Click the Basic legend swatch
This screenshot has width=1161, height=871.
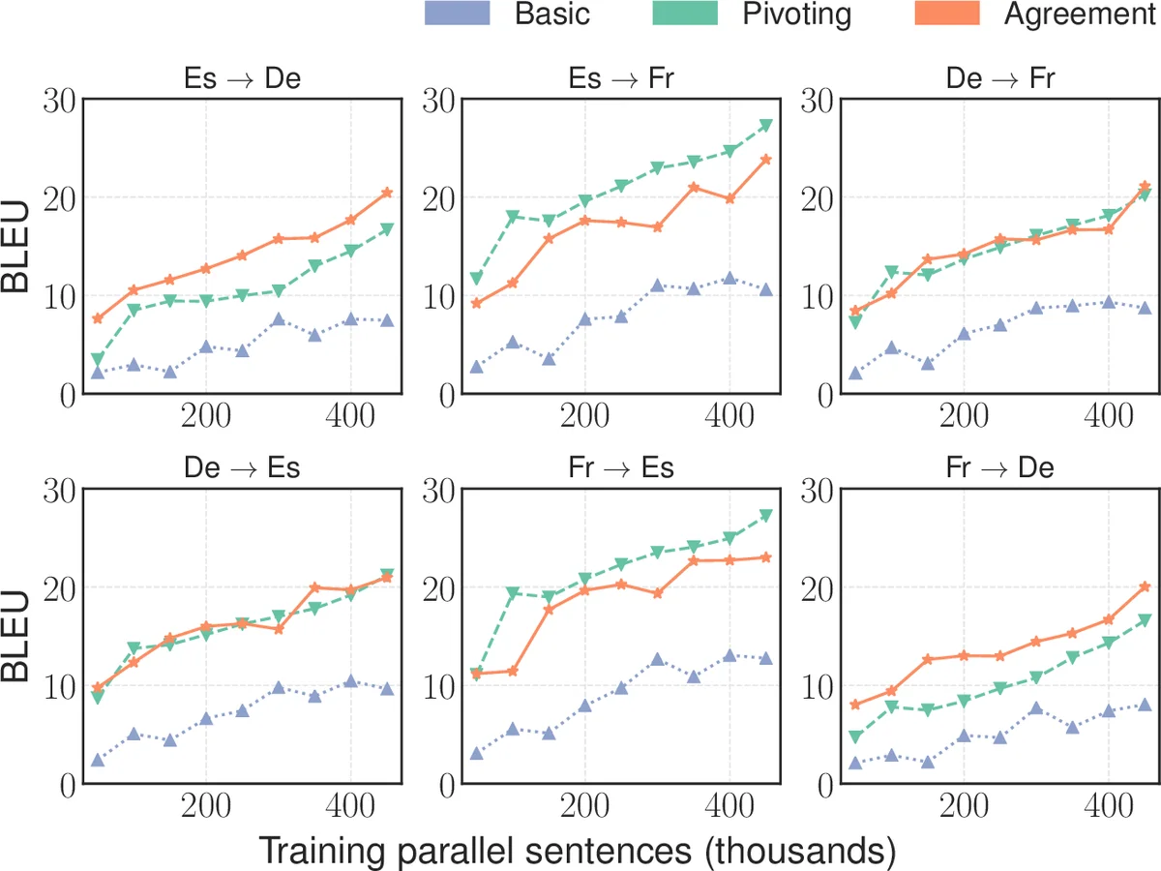click(x=457, y=14)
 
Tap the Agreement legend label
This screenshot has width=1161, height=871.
click(x=1080, y=15)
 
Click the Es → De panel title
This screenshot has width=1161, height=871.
click(x=242, y=77)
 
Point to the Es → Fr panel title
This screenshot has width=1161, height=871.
click(x=621, y=77)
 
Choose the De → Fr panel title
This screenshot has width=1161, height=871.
click(x=1000, y=77)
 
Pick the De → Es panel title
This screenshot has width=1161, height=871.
click(x=242, y=468)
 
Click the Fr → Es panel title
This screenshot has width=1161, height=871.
click(x=621, y=468)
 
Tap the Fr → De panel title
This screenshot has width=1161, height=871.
click(x=1000, y=468)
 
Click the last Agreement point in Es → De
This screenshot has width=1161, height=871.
click(x=387, y=193)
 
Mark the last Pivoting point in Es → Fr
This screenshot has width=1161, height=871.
click(x=766, y=125)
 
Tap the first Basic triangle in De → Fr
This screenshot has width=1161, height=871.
click(x=855, y=373)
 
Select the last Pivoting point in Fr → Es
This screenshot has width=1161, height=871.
click(x=766, y=516)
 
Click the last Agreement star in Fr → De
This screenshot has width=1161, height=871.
click(x=1145, y=586)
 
